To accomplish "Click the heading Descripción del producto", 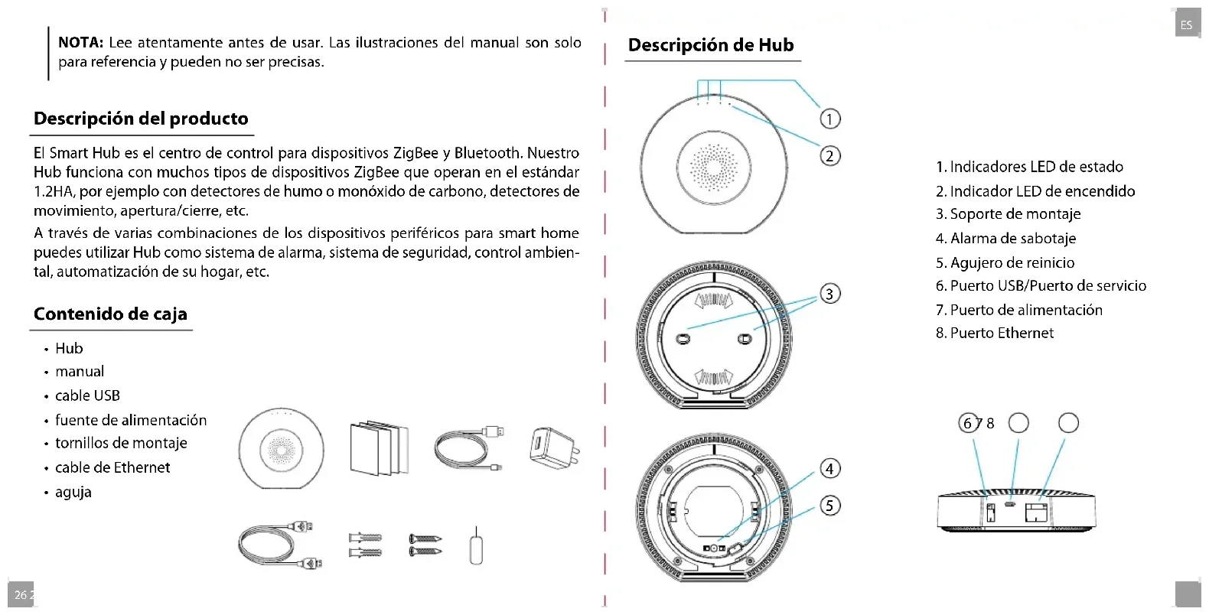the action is click(141, 119).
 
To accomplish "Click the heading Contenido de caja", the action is click(110, 314).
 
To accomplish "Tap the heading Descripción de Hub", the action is click(711, 45).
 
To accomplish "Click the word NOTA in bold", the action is click(80, 43).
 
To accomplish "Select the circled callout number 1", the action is click(829, 119).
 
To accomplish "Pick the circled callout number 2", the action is click(829, 156).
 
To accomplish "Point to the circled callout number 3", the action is click(829, 294).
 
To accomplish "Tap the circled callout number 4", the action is click(829, 468).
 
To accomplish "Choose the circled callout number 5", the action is click(829, 506).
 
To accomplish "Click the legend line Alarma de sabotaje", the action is click(1005, 239).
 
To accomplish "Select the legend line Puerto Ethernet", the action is click(994, 334).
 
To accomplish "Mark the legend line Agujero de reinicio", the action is click(1005, 263).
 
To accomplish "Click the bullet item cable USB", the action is click(87, 395).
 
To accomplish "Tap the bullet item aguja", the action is click(73, 492).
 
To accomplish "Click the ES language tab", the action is click(1186, 24).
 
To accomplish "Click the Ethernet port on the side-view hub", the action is click(1038, 511).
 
